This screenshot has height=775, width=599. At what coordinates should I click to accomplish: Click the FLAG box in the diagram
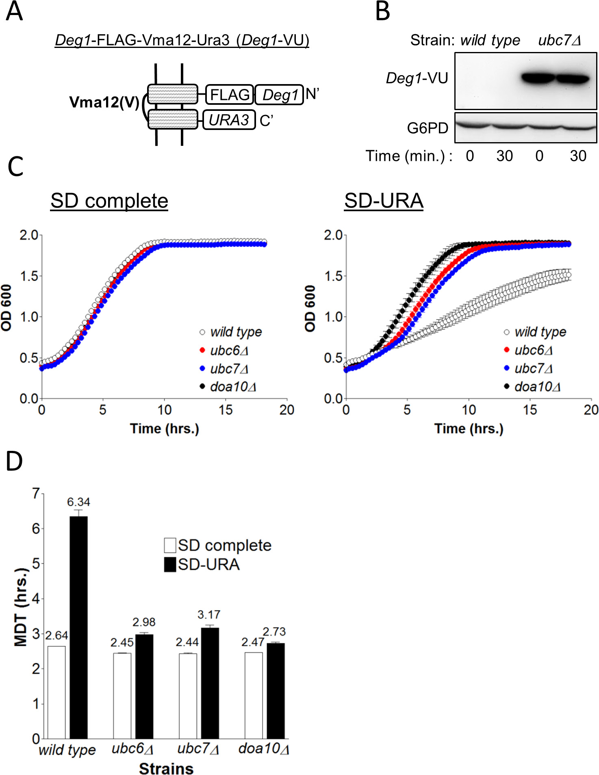click(230, 95)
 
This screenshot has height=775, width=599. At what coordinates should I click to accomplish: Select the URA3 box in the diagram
click(229, 120)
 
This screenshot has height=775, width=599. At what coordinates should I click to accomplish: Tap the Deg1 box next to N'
click(280, 95)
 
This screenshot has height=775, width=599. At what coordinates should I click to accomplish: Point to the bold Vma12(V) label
click(104, 102)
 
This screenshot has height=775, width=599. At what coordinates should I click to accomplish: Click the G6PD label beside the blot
click(428, 128)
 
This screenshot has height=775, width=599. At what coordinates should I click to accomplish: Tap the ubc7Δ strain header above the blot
click(559, 40)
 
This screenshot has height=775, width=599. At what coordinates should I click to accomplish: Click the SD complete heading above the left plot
click(109, 201)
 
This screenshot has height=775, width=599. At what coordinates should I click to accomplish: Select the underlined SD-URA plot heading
click(384, 201)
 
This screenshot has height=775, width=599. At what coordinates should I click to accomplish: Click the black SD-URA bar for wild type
click(79, 627)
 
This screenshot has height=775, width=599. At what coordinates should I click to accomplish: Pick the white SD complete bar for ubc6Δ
click(122, 695)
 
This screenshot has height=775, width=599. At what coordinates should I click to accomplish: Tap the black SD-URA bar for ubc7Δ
click(210, 683)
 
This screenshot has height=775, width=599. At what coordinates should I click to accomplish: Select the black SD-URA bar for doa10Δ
click(276, 691)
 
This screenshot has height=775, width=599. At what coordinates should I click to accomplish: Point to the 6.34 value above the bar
click(79, 502)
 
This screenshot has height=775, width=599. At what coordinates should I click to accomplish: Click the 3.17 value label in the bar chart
click(209, 615)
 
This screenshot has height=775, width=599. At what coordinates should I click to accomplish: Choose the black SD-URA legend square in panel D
click(170, 565)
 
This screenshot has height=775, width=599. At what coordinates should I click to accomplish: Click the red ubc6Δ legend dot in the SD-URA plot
click(507, 350)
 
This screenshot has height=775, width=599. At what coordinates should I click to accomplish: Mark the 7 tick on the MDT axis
click(37, 494)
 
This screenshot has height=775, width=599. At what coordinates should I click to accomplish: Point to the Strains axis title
click(166, 769)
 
